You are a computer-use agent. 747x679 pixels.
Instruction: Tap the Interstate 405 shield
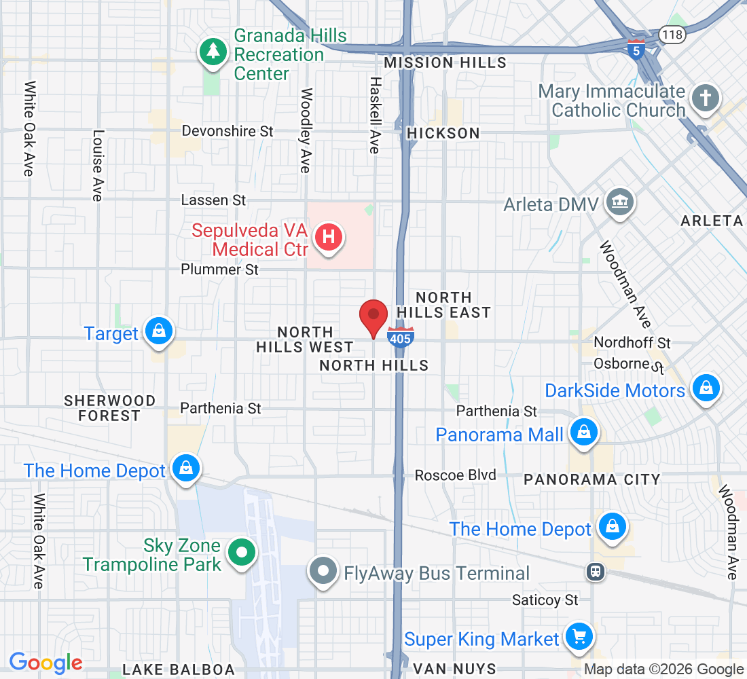coord(401,337)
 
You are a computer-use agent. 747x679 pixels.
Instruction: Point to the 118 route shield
coord(673,34)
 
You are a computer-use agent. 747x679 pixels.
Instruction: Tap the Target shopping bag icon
coord(158,331)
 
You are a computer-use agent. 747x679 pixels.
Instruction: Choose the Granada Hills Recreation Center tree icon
coord(213,52)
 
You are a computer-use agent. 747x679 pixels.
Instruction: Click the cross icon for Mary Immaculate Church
coord(706,98)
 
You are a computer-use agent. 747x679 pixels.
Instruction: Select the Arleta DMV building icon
coord(619,202)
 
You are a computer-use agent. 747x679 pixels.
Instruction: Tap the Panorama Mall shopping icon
coord(583,432)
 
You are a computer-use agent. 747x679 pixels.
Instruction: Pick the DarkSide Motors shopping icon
coord(706,388)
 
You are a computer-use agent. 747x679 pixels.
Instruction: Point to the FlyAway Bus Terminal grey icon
coord(324,571)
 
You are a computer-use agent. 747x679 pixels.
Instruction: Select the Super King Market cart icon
coord(579,637)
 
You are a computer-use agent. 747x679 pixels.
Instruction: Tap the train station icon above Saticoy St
coord(596,572)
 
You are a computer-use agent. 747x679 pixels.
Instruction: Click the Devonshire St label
coord(227,131)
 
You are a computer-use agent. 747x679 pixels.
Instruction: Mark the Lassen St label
coord(213,200)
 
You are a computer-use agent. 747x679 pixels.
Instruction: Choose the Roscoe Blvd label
coord(456,475)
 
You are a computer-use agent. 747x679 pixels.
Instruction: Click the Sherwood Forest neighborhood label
coord(109,408)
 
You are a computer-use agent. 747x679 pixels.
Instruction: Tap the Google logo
coord(45,663)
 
